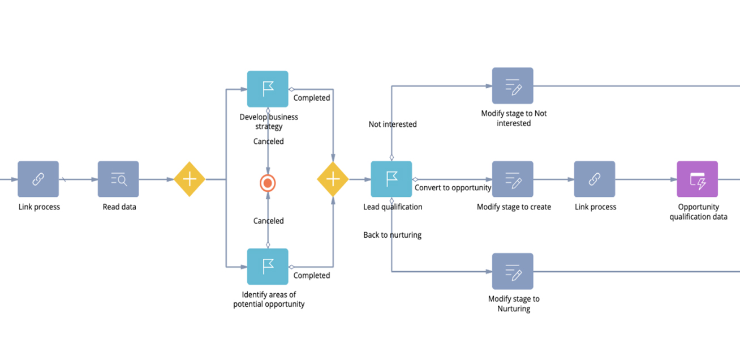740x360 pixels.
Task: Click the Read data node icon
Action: [118, 179]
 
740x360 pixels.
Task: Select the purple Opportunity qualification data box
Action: [697, 179]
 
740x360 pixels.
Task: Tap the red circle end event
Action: [268, 183]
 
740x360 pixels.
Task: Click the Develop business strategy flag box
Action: [268, 89]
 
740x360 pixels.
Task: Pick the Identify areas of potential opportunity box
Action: [268, 266]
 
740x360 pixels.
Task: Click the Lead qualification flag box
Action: [391, 179]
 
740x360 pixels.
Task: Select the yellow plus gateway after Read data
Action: [190, 179]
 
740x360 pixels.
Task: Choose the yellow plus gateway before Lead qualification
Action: [333, 179]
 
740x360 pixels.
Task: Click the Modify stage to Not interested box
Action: [513, 86]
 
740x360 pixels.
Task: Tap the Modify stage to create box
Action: [513, 179]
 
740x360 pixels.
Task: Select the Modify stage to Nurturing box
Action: [513, 272]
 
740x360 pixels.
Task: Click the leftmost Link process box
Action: [38, 179]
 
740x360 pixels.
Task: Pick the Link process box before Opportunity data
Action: [595, 179]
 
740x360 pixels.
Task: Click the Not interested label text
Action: [393, 125]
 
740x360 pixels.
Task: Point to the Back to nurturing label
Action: [392, 235]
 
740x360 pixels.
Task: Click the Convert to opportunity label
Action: [453, 188]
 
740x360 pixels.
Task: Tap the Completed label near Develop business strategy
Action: [311, 98]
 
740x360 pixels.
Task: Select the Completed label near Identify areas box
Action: [311, 276]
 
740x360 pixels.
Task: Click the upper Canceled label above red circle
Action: [268, 142]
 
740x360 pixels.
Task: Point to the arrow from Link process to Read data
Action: [78, 179]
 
